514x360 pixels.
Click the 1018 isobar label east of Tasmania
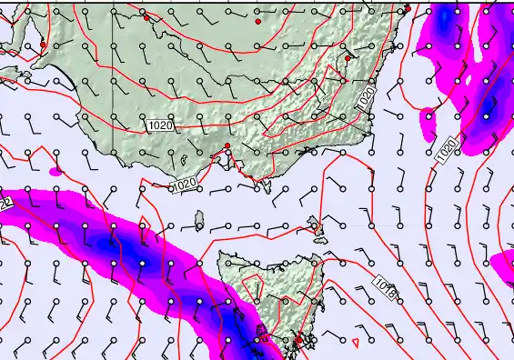point(385,286)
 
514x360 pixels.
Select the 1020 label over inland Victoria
point(158,124)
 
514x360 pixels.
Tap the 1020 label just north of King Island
point(185,185)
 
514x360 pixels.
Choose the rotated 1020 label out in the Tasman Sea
point(447,150)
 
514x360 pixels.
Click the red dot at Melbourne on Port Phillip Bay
point(227,146)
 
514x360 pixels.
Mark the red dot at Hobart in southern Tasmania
point(297,340)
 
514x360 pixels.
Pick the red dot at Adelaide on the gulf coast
point(43,45)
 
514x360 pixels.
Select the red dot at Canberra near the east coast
point(348,58)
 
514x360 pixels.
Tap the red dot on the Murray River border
point(146,17)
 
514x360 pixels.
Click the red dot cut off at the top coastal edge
point(408,8)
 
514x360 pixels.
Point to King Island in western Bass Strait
point(199,220)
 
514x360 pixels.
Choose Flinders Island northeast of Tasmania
point(314,222)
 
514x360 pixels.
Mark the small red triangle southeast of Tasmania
point(355,343)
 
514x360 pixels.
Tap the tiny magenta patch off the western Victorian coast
point(55,170)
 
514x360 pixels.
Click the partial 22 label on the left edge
point(5,204)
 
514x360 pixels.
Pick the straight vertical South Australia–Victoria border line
point(113,73)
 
